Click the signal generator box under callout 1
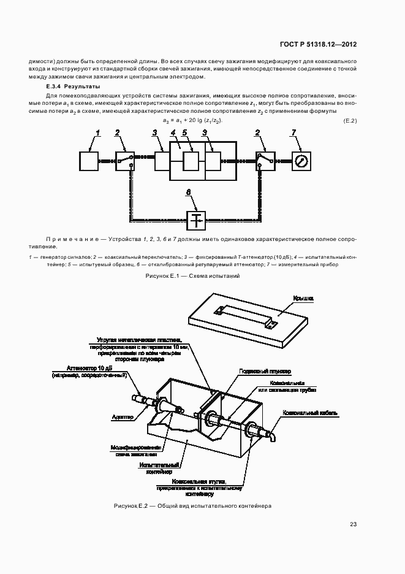pos(89,161)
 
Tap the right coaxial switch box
pos(265,161)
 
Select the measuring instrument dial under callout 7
pos(301,161)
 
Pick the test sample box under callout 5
pos(191,161)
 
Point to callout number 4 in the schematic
pos(173,132)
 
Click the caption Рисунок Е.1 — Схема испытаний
pos(192,277)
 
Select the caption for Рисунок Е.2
pos(192,506)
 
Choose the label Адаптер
pos(123,417)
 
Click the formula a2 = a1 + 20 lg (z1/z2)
pos(191,120)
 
